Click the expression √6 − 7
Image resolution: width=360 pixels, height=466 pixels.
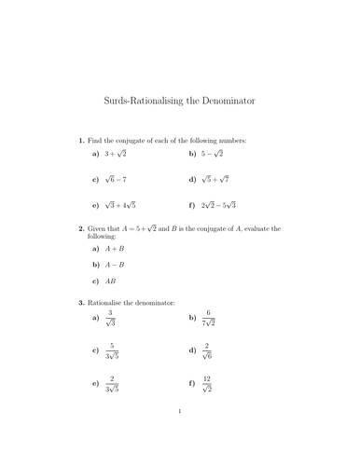click(118, 178)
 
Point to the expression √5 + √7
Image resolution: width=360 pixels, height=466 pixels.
click(216, 178)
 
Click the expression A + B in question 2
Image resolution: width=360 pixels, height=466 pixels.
click(117, 250)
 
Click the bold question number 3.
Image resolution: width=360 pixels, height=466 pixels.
click(81, 303)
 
